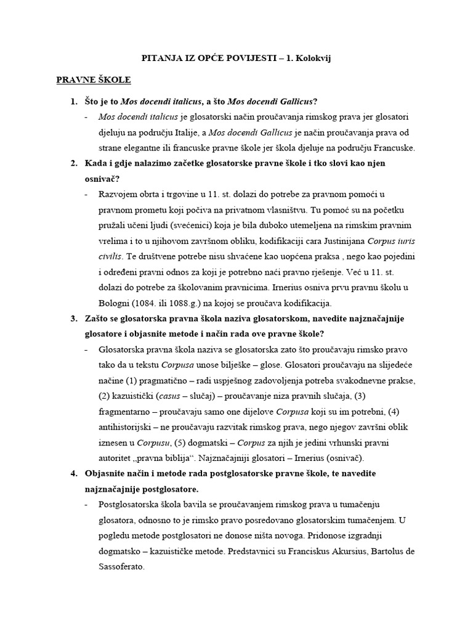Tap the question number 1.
[73, 101]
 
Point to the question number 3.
[73, 318]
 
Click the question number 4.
[73, 473]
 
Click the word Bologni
[118, 303]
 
